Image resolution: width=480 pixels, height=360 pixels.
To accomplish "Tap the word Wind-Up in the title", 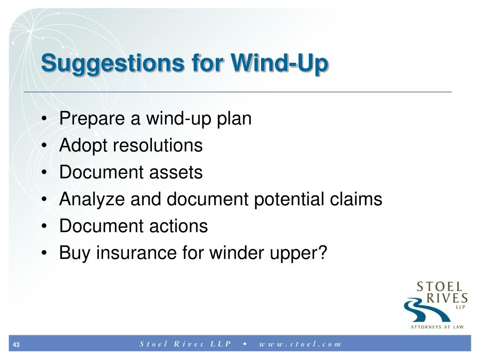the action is (280, 63).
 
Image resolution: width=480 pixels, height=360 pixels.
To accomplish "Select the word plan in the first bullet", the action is (234, 119).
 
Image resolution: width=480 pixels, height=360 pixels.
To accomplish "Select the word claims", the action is (356, 199).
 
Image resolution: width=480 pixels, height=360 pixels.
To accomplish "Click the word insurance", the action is (136, 253).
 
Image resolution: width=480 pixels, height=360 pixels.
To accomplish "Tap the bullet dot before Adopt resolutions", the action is (45, 146).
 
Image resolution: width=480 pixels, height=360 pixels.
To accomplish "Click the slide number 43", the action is (16, 345).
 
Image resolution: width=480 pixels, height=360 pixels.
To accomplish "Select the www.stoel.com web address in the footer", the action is (300, 344).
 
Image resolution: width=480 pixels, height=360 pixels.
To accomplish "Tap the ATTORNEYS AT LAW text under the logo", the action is (437, 327).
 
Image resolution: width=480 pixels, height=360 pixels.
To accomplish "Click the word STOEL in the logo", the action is (439, 287).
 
